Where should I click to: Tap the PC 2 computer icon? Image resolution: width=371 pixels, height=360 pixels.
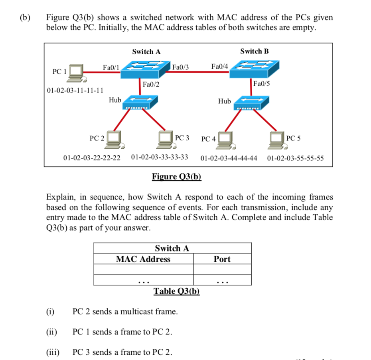[116, 138]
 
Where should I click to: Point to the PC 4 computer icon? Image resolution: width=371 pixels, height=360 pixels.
[227, 139]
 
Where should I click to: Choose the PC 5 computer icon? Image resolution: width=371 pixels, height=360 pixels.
[278, 138]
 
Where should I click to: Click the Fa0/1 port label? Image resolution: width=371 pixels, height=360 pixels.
[111, 67]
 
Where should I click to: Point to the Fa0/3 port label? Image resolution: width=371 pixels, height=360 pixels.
[181, 67]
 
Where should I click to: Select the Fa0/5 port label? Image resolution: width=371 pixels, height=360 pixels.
[262, 84]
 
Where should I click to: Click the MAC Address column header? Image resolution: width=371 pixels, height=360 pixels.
[143, 259]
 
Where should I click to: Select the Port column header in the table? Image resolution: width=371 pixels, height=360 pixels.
[222, 259]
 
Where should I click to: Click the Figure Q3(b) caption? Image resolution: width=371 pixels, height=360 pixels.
[177, 176]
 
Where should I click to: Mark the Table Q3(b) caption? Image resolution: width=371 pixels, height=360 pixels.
[177, 291]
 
